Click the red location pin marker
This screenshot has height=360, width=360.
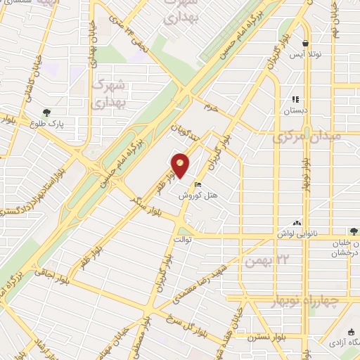point(181,166)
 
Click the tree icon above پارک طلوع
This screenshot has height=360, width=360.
point(46,112)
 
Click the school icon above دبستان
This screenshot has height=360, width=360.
point(295,99)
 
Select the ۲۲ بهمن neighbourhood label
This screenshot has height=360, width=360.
point(263,262)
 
